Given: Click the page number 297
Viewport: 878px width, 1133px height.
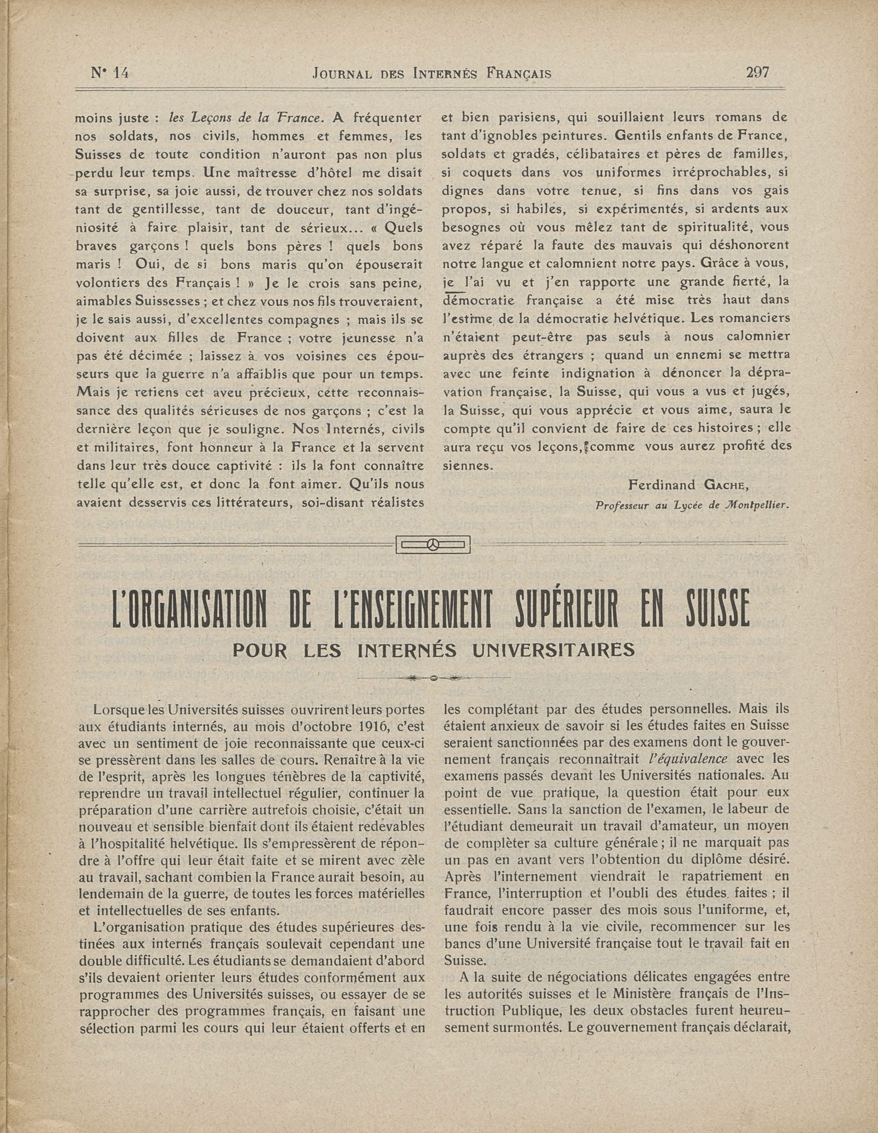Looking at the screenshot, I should tap(757, 72).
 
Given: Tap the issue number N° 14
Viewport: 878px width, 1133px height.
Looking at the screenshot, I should tap(110, 73).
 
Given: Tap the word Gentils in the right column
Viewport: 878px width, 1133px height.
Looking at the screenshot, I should tap(637, 136).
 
